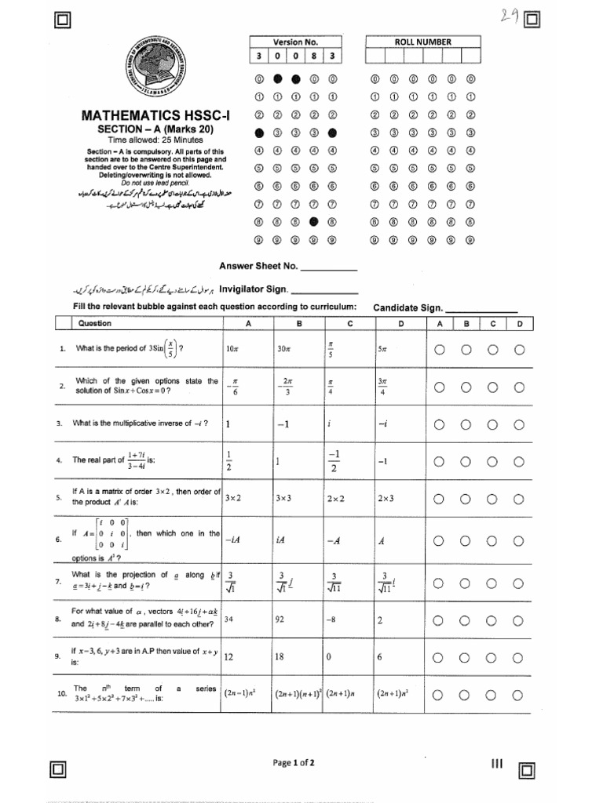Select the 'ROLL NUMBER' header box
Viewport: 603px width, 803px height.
coord(422,42)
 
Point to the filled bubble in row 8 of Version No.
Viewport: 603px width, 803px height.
coord(314,222)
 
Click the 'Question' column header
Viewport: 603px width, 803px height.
coord(94,323)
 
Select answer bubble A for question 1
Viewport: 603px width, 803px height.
coord(439,350)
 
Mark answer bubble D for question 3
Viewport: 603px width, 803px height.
coord(519,424)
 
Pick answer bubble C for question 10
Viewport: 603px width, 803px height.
coord(492,694)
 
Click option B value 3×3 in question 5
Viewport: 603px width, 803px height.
coord(284,498)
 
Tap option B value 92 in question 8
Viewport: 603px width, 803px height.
coord(280,619)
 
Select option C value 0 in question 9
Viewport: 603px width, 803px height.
coord(329,657)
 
